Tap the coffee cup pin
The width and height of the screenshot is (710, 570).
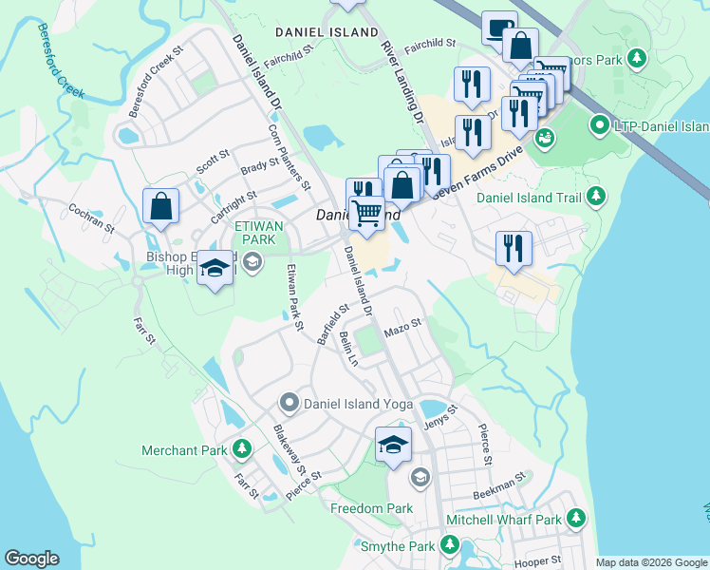pyautogui.click(x=499, y=28)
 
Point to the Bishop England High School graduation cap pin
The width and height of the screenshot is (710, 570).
pyautogui.click(x=215, y=269)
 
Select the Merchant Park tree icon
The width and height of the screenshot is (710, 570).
pyautogui.click(x=243, y=449)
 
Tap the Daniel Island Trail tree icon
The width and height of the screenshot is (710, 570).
pyautogui.click(x=595, y=197)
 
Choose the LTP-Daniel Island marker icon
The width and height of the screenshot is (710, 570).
pyautogui.click(x=599, y=125)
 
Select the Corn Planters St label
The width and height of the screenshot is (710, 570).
pyautogui.click(x=290, y=158)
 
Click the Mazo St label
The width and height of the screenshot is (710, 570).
pyautogui.click(x=402, y=329)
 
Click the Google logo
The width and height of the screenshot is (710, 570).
pyautogui.click(x=31, y=559)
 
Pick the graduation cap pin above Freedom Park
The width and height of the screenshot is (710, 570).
pyautogui.click(x=393, y=445)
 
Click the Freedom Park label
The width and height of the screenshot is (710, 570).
pyautogui.click(x=371, y=508)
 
